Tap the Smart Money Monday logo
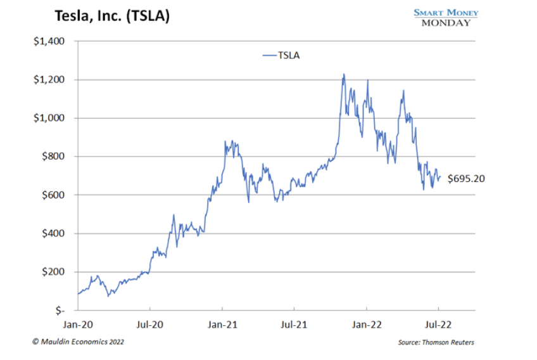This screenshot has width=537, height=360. [x=446, y=17]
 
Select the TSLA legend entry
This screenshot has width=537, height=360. [x=281, y=55]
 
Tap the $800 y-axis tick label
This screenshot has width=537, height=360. [x=52, y=157]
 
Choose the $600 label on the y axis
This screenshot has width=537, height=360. [x=52, y=195]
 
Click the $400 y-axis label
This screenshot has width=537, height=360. [x=52, y=233]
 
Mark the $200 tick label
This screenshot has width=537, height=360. [x=52, y=272]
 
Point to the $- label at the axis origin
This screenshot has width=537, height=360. [x=57, y=311]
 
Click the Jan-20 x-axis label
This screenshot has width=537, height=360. [x=78, y=323]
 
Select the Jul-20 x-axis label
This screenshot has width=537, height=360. [x=150, y=323]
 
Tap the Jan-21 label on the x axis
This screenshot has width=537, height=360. [x=222, y=323]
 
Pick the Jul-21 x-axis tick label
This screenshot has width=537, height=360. [x=294, y=323]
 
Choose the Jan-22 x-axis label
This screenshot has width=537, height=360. [x=367, y=323]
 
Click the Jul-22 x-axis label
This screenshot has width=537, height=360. [x=438, y=323]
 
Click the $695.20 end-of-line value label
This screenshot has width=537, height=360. [x=466, y=179]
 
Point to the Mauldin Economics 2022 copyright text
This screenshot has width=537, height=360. [x=78, y=342]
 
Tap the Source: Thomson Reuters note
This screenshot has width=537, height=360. [x=436, y=342]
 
